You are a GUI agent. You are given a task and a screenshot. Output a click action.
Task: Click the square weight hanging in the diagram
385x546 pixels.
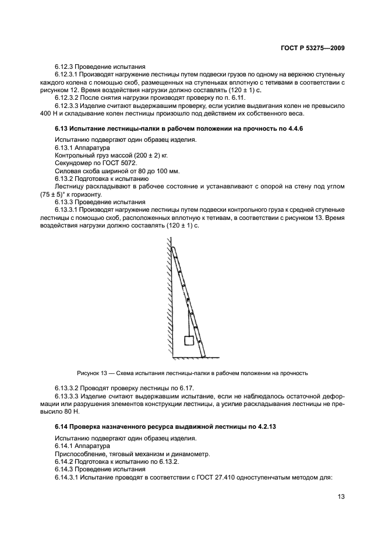(189, 340)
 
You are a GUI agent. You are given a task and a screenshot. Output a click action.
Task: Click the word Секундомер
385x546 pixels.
(74, 163)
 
